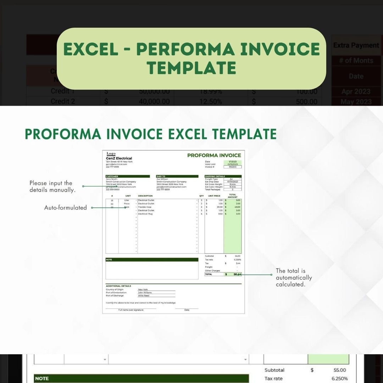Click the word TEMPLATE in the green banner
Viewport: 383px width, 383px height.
click(191, 67)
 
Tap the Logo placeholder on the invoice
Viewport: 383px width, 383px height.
click(111, 154)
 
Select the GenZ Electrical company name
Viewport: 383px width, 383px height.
click(119, 159)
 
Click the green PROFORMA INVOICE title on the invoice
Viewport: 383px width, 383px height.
click(214, 155)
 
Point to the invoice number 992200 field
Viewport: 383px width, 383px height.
click(232, 167)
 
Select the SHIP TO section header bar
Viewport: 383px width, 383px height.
click(177, 176)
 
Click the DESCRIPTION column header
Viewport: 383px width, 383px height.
click(145, 196)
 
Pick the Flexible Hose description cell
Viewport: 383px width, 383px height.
click(145, 207)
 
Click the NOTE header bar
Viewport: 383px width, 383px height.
click(152, 260)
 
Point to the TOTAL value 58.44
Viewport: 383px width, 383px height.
click(237, 274)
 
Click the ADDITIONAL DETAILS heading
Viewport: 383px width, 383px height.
click(118, 286)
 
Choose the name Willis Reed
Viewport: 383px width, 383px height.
click(144, 295)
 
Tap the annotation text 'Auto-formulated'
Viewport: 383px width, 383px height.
click(65, 208)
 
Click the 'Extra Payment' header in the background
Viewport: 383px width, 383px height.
click(356, 45)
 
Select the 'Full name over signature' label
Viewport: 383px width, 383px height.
click(131, 310)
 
